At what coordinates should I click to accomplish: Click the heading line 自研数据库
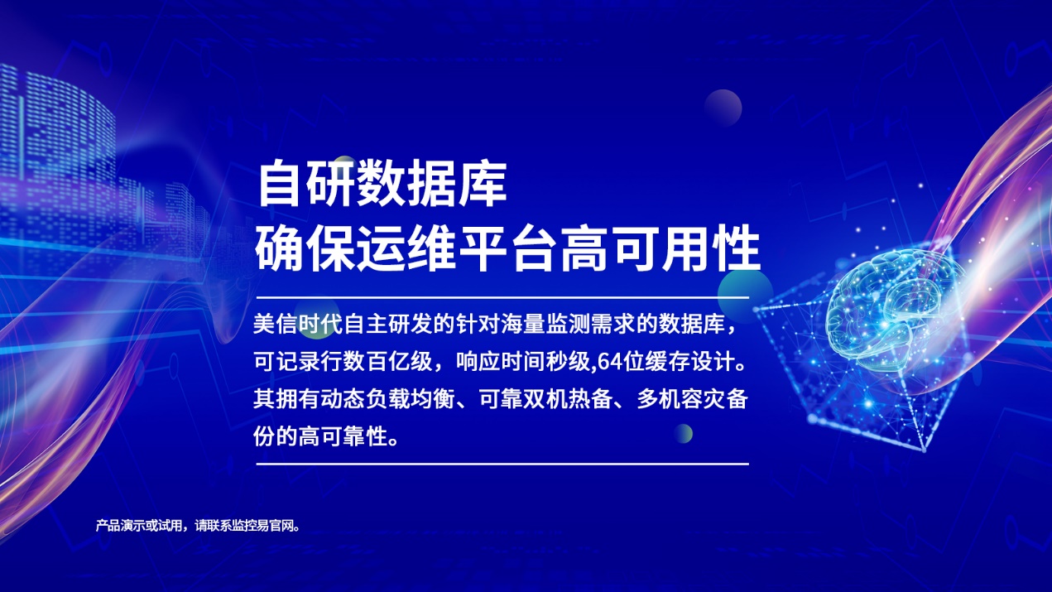[x=382, y=183]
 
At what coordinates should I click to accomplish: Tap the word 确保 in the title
[x=305, y=248]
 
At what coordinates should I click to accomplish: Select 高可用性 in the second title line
[x=660, y=248]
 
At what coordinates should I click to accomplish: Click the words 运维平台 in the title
[x=457, y=248]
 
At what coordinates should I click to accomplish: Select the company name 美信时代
[x=298, y=325]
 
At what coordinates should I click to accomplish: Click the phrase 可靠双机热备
[x=545, y=400]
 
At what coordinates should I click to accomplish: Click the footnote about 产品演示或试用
[x=198, y=525]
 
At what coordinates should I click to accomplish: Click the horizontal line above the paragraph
[x=502, y=297]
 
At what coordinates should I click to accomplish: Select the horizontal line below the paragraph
[x=502, y=464]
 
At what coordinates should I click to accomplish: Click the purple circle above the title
[x=723, y=108]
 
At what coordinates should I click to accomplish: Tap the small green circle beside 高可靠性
[x=684, y=433]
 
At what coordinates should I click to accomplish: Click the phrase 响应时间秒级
[x=523, y=363]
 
